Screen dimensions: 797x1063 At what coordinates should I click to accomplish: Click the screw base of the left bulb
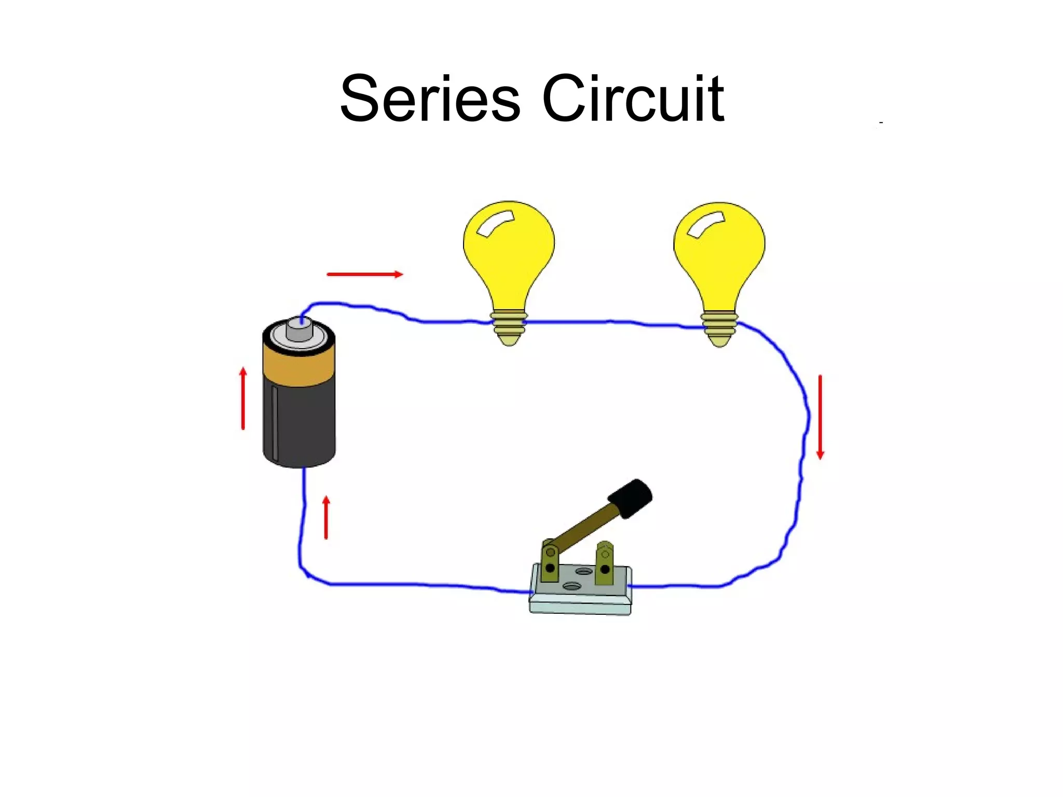509,327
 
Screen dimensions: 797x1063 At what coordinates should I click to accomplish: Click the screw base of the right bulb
719,328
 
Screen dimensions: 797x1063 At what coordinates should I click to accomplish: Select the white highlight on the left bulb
495,223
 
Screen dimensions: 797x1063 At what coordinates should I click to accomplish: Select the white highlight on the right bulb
705,225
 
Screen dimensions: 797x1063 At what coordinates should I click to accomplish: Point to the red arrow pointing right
365,274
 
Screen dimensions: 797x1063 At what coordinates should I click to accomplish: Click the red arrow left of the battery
243,398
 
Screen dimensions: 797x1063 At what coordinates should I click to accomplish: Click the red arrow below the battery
326,517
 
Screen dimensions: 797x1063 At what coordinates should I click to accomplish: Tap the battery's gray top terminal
299,329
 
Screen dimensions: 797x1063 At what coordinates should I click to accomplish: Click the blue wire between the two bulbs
612,323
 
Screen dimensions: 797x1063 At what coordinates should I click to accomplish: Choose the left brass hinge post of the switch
550,563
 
